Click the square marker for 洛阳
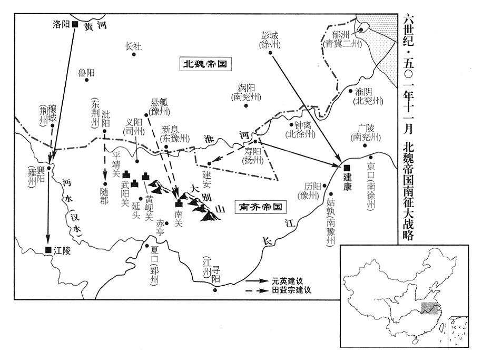tap(75, 24)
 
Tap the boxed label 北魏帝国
tap(205, 64)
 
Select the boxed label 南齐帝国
tap(260, 207)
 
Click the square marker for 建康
tap(347, 168)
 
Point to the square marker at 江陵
tap(48, 250)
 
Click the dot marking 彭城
tap(271, 53)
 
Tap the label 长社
tap(133, 46)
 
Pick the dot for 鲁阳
tap(87, 80)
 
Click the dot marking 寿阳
tap(255, 141)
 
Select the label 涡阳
tap(246, 87)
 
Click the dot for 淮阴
tap(350, 91)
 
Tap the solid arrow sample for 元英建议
tap(257, 280)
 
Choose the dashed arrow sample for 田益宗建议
tap(257, 290)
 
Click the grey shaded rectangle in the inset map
tap(430, 308)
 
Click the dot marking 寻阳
tap(215, 290)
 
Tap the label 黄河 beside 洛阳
tap(95, 26)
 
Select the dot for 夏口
tap(147, 246)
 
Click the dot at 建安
tap(209, 163)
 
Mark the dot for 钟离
tap(291, 124)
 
